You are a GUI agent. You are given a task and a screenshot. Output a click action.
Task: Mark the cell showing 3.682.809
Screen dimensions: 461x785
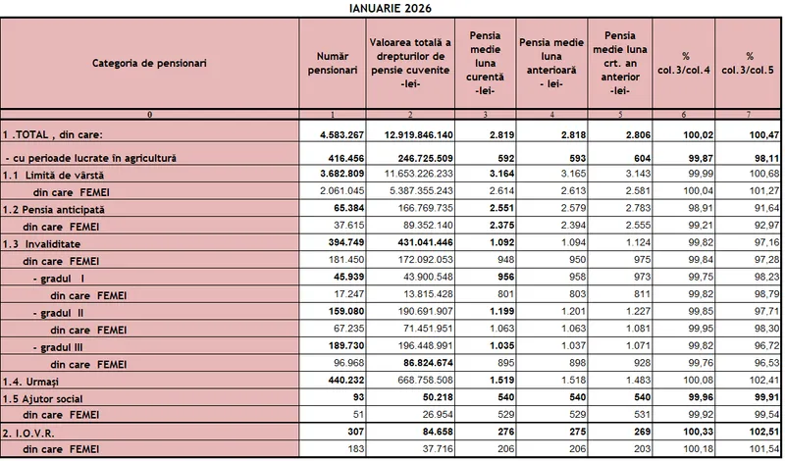tap(334, 174)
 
